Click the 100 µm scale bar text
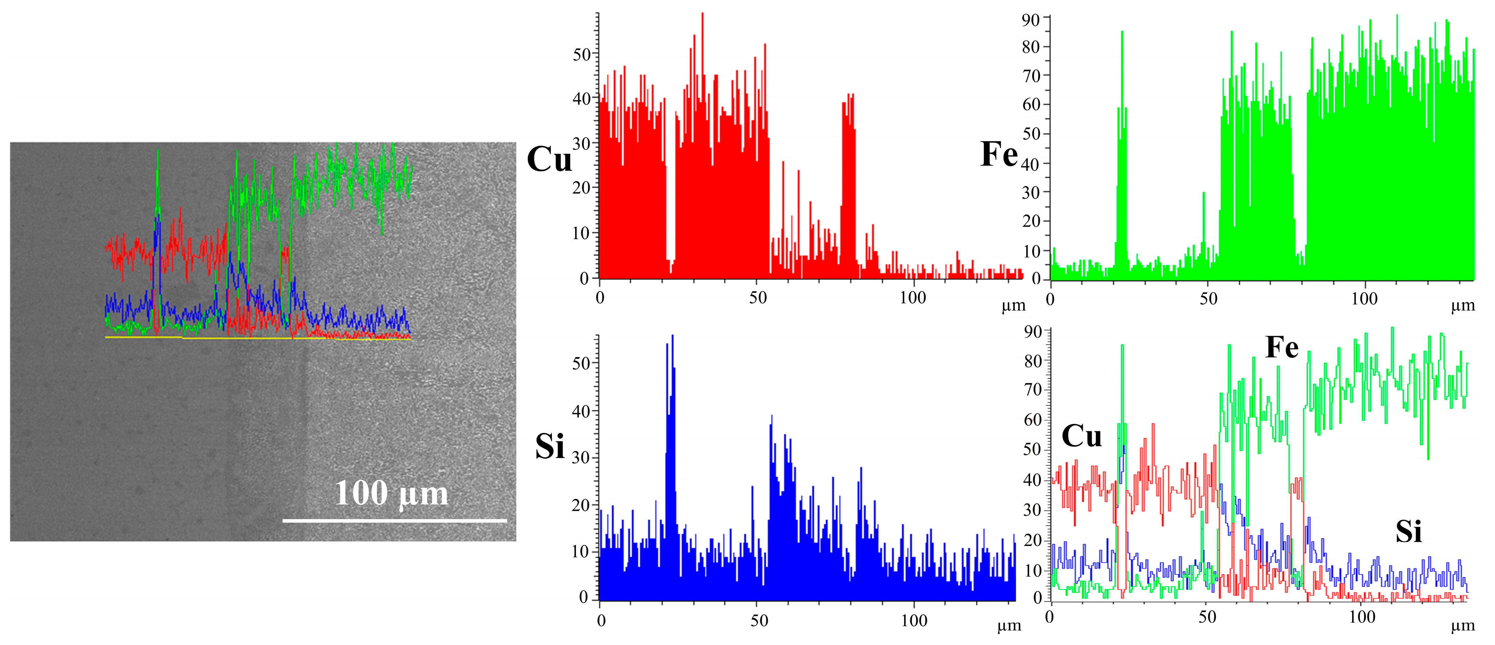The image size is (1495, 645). point(392,494)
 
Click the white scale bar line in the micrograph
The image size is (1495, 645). point(395,521)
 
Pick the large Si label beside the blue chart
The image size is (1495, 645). point(550,447)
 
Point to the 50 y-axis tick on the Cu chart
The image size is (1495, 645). point(582,55)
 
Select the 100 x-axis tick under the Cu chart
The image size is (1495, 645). point(913,298)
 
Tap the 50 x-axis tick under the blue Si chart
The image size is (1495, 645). point(759,621)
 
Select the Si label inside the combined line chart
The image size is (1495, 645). point(1408,531)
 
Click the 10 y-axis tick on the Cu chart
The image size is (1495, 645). point(582,233)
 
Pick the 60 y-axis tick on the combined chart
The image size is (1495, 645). point(1033,419)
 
